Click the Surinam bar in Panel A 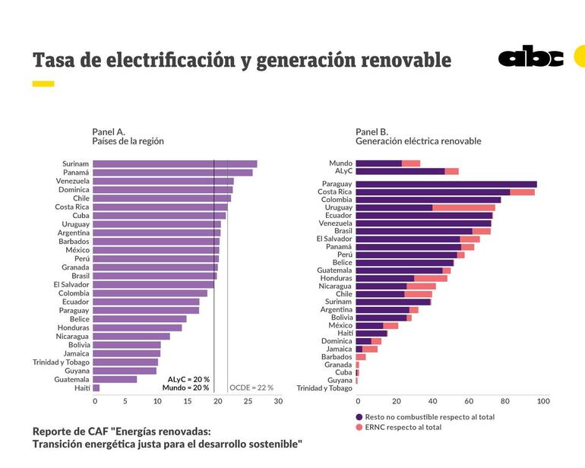click(x=175, y=164)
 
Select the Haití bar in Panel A click(x=96, y=388)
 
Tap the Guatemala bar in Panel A click(x=115, y=379)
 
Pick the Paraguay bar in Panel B click(x=446, y=184)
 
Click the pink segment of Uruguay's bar click(x=463, y=207)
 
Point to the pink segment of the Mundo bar click(x=411, y=163)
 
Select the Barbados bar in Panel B click(x=361, y=356)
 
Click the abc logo click(x=530, y=58)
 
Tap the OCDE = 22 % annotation click(x=251, y=387)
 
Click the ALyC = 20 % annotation click(x=188, y=378)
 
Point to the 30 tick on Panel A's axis click(x=278, y=401)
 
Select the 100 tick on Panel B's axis click(x=543, y=401)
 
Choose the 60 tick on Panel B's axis click(x=469, y=401)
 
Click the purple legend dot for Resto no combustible click(x=359, y=416)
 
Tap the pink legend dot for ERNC click(x=359, y=427)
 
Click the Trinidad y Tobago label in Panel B click(x=324, y=388)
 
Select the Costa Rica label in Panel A click(x=71, y=207)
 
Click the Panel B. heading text click(x=372, y=131)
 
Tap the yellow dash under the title click(x=43, y=84)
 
